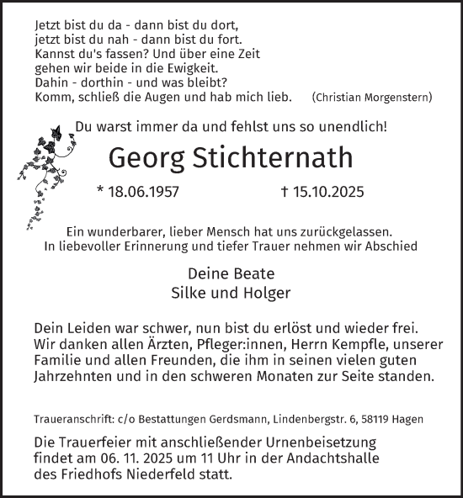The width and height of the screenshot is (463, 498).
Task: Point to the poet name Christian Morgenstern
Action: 372,98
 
